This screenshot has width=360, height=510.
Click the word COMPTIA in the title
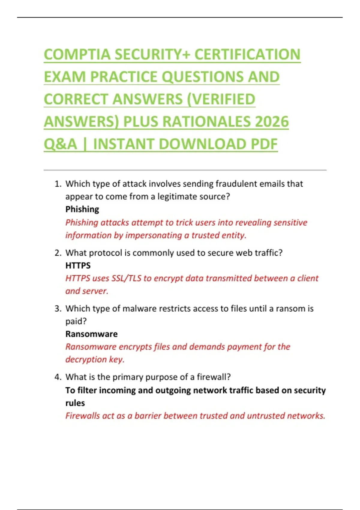77,55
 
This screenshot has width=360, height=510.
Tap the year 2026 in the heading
272,122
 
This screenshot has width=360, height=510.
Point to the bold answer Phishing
82,209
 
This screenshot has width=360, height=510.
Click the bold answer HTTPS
78,265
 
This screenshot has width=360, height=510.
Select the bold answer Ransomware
91,334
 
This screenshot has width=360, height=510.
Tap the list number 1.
58,184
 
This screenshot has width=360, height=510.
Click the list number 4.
58,377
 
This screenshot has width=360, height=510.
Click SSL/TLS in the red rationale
126,278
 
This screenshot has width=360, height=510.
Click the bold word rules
75,403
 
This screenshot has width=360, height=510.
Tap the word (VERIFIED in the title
221,99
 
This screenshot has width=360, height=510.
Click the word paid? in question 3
76,321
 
